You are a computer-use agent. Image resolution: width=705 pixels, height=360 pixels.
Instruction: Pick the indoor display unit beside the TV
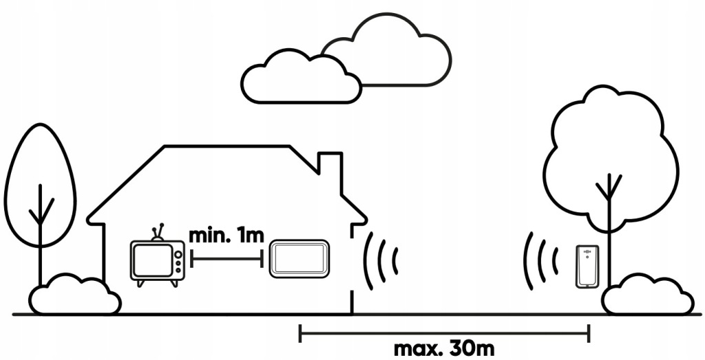click(299, 259)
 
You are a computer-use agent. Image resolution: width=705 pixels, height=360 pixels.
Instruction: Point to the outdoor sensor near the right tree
click(587, 268)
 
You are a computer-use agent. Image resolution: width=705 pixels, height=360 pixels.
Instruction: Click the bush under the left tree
click(75, 296)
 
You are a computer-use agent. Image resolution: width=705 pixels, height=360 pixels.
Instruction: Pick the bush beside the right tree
click(649, 296)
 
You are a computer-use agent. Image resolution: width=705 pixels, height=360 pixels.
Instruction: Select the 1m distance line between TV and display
click(227, 259)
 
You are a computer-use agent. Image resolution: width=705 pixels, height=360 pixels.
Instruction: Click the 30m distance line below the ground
click(443, 333)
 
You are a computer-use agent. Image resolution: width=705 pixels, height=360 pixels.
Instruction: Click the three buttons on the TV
click(178, 260)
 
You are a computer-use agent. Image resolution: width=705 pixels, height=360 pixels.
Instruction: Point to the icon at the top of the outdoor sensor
click(587, 251)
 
